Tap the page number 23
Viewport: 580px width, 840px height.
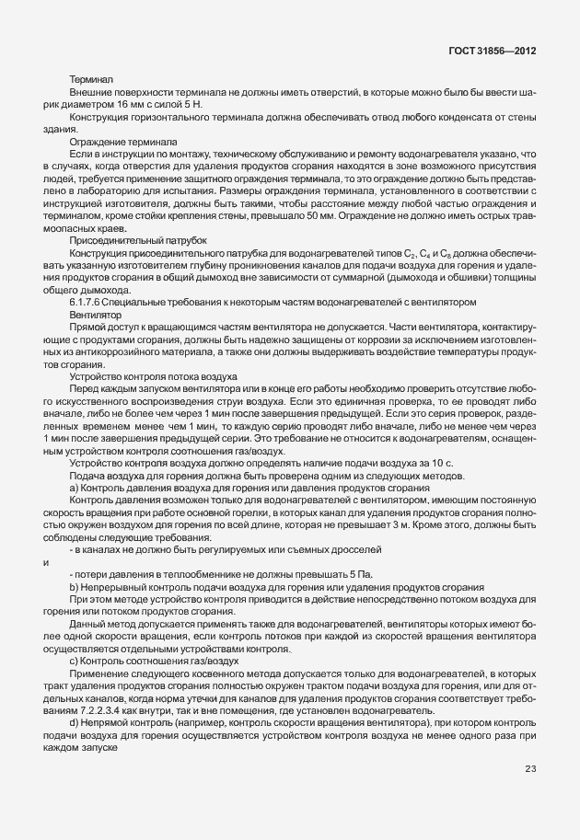[x=530, y=794]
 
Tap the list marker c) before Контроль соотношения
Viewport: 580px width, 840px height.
[x=74, y=661]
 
